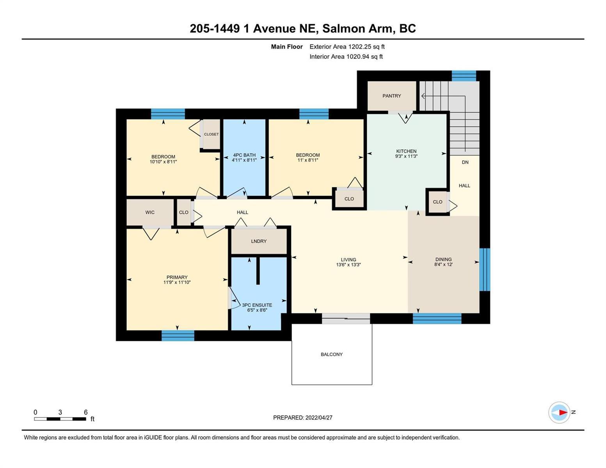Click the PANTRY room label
pos(391,96)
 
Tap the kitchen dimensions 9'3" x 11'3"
pos(406,156)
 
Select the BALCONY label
pos(332,354)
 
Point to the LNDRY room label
pos(259,241)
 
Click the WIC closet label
pos(150,213)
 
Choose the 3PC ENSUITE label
pos(257,305)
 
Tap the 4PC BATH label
pos(244,155)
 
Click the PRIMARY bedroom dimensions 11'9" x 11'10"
pos(177,282)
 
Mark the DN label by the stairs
pos(465,162)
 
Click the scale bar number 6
pos(85,412)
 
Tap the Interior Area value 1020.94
pos(358,57)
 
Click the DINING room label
pos(443,259)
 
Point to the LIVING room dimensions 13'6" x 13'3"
pos(348,264)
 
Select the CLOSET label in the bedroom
pos(211,134)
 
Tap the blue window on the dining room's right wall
pos(484,269)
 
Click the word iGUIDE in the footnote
pos(153,438)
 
